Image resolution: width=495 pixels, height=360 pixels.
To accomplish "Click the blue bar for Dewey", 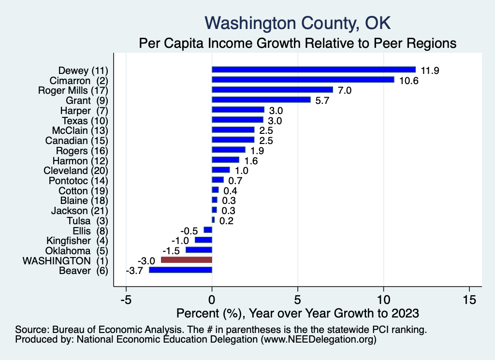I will click(314, 70).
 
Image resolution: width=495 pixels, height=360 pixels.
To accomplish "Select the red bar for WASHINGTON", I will click(187, 260).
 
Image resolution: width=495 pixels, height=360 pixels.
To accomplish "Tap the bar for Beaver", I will click(181, 270).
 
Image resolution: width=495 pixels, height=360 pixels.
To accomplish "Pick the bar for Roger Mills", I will click(272, 90).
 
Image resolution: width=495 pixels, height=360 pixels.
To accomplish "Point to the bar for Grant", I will click(261, 100).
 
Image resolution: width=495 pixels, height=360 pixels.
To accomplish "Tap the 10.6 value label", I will click(408, 80).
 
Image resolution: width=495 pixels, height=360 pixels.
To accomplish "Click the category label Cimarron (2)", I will click(79, 80).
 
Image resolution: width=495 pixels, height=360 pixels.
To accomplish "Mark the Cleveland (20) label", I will click(76, 171).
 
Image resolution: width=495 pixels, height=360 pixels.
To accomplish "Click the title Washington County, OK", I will click(297, 23).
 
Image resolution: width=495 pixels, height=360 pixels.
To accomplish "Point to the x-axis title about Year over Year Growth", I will click(297, 313).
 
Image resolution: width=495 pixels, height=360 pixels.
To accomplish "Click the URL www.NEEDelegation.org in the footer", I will click(318, 340).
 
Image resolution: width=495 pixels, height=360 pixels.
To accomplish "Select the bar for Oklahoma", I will click(199, 250).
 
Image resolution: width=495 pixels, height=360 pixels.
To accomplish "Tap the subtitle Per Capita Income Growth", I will click(297, 43).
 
